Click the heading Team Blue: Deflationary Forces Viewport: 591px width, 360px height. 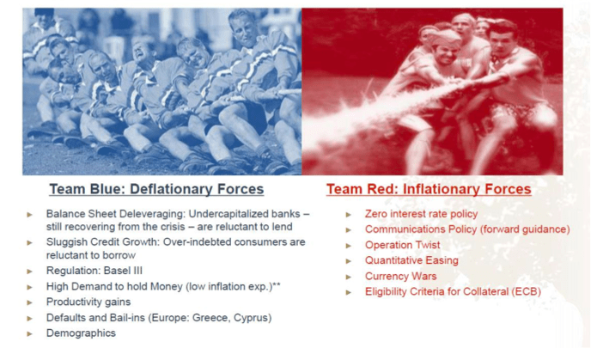coord(156,189)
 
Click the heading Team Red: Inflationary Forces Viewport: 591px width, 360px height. coord(429,189)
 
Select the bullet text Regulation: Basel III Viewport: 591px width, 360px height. coord(94,271)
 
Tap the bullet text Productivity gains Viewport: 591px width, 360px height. coord(88,302)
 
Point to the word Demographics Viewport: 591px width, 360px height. coord(81,333)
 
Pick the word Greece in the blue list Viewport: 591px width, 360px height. coord(210,318)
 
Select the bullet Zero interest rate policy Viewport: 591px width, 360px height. coord(422,214)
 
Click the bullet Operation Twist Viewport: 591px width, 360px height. coord(403,245)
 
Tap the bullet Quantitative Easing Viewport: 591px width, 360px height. coord(411,260)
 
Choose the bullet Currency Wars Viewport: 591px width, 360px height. coord(400,277)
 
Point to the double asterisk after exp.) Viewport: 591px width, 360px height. coord(277,284)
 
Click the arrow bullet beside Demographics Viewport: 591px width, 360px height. coord(30,333)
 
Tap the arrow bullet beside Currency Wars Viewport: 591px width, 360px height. coord(349,277)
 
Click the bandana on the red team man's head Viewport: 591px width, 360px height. coord(443,37)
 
